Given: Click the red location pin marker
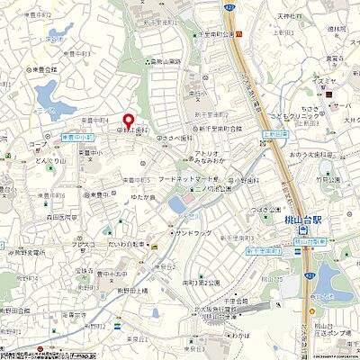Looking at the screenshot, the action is [128, 121].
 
